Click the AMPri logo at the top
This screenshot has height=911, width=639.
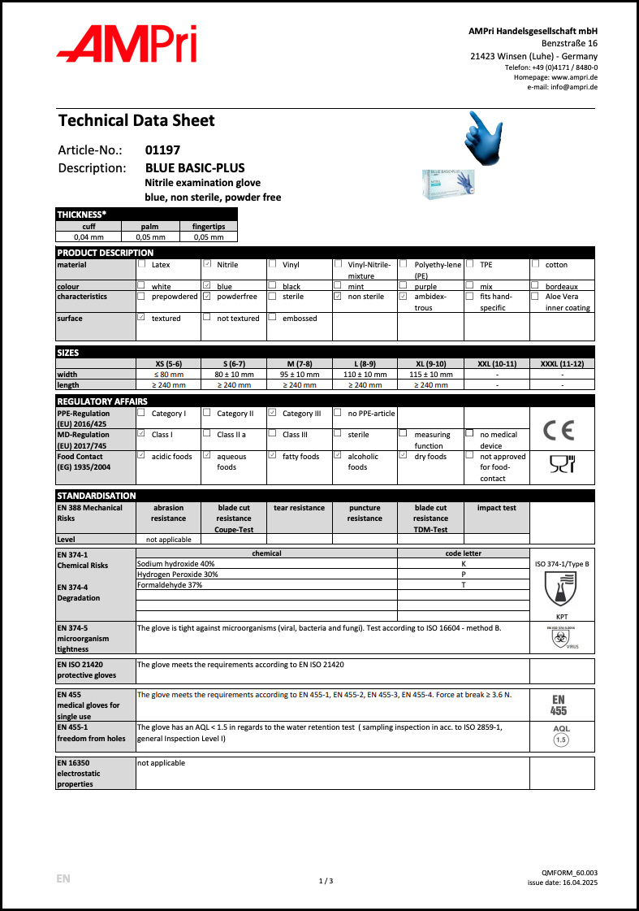127,44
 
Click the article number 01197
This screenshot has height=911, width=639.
162,150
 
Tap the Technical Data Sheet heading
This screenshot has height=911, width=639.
136,121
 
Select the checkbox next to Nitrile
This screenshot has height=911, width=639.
207,264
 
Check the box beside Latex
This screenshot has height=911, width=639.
142,264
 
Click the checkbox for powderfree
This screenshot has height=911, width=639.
207,297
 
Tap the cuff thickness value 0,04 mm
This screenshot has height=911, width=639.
88,237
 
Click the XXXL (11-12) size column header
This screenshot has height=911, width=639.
562,363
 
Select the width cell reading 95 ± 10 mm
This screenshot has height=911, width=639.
300,374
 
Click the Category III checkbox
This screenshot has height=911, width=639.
273,413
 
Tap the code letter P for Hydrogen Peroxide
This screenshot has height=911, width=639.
463,574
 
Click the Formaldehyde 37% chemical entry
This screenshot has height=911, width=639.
170,584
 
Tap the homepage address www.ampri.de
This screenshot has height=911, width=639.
574,76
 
